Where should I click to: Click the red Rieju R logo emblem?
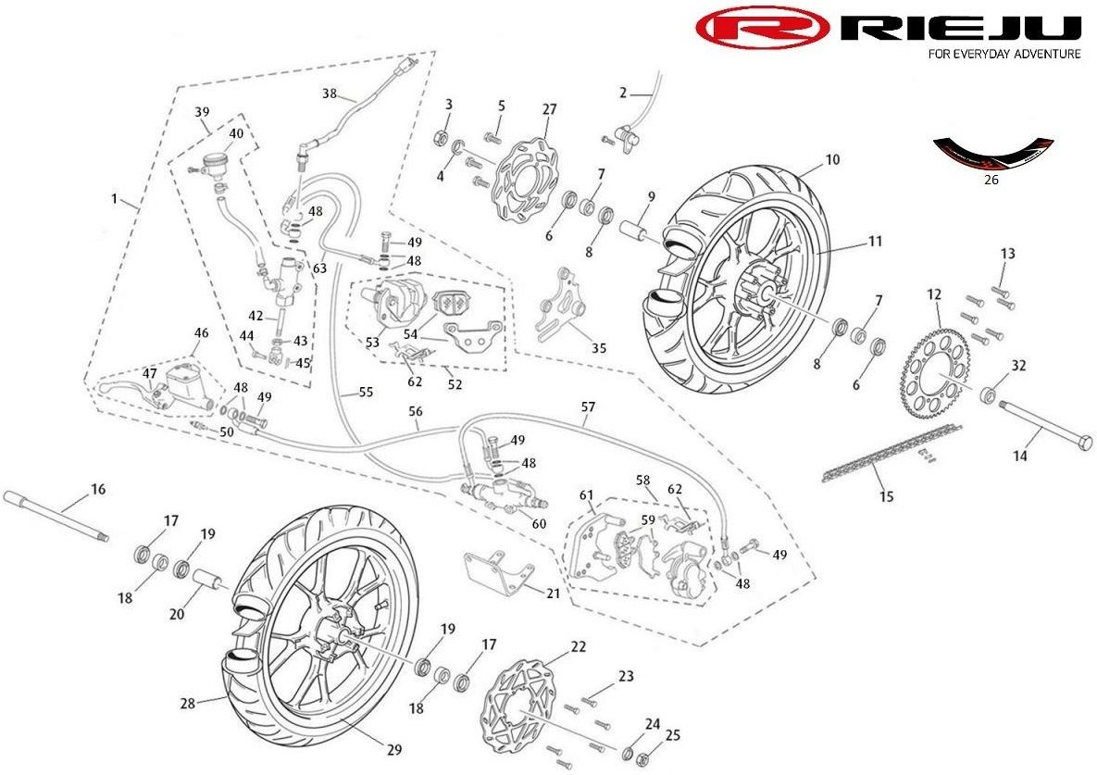[x=764, y=28]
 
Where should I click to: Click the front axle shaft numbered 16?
[x=56, y=516]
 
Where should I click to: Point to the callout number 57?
[x=589, y=407]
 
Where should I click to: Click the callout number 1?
[x=115, y=199]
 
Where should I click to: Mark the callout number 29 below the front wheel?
[x=394, y=749]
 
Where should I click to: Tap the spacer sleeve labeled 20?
[x=207, y=581]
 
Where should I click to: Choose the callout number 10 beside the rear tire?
[x=832, y=159]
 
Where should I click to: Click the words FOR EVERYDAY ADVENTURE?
[x=1004, y=54]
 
